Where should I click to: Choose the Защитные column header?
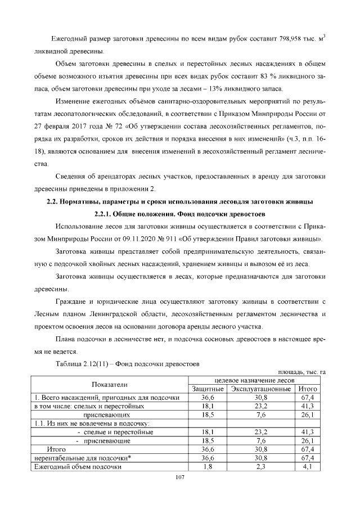pyautogui.click(x=208, y=389)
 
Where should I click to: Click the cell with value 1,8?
pyautogui.click(x=208, y=466)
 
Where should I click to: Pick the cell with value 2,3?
pyautogui.click(x=261, y=466)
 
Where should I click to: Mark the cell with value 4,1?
pyautogui.click(x=308, y=466)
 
